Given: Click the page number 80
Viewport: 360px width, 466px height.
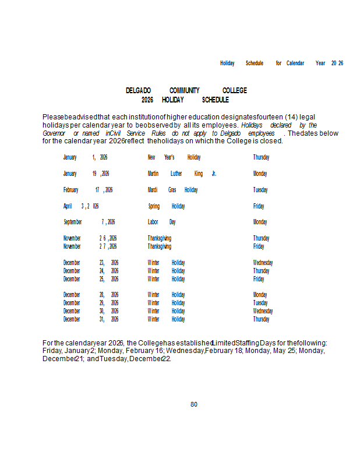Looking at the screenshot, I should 194,404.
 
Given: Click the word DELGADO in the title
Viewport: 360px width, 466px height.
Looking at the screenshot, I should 139,91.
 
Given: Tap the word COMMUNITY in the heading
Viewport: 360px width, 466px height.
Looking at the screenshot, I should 185,91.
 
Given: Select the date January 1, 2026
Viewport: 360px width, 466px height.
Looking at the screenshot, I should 85,157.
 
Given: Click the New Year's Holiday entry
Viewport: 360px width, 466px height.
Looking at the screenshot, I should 174,157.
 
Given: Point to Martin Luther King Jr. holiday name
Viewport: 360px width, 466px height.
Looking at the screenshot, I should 182,174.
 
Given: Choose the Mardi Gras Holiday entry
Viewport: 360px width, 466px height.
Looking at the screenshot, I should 172,190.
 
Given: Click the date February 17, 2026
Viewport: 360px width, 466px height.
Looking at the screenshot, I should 88,190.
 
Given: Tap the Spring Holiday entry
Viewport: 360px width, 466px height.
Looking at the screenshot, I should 167,206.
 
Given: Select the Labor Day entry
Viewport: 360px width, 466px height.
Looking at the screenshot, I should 162,222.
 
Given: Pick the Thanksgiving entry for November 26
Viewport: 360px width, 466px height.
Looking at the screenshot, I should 160,238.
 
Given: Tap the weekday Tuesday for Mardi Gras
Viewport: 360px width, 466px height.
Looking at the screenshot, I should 260,190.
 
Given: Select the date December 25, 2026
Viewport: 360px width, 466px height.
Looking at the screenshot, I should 91,279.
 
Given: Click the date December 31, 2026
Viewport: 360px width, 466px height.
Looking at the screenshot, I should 91,319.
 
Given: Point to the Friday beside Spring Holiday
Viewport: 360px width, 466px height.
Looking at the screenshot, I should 259,206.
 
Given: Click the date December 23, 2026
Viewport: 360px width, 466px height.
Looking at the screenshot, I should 91,263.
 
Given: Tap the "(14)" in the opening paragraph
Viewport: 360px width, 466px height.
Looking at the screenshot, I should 287,117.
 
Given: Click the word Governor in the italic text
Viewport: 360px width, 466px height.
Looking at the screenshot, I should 54,133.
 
